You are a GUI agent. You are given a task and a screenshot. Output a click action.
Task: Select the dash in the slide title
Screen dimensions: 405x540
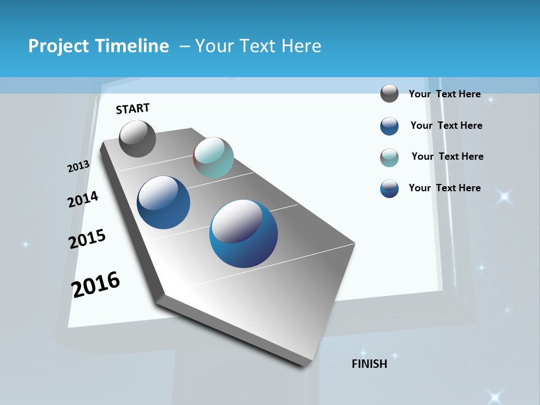pyautogui.click(x=185, y=46)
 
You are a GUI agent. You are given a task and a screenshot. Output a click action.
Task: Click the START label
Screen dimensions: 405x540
pyautogui.click(x=133, y=109)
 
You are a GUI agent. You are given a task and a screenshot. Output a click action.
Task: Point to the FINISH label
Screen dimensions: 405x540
pyautogui.click(x=370, y=364)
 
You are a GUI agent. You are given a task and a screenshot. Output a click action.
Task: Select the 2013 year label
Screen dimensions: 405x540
pyautogui.click(x=79, y=166)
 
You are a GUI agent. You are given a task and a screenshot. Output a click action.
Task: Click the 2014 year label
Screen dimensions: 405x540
pyautogui.click(x=83, y=199)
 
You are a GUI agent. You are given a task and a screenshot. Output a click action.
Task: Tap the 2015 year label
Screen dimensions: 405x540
pyautogui.click(x=87, y=239)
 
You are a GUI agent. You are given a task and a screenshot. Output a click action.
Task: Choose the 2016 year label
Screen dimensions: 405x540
pyautogui.click(x=96, y=284)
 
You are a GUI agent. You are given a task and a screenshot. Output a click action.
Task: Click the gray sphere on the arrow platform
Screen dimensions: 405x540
pyautogui.click(x=137, y=139)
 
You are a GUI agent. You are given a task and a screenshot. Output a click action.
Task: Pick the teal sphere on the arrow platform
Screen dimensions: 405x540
pyautogui.click(x=213, y=157)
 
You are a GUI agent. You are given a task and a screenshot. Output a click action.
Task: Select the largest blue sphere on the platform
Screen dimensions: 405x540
pyautogui.click(x=244, y=233)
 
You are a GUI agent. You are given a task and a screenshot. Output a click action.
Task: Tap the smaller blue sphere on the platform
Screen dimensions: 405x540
pyautogui.click(x=164, y=202)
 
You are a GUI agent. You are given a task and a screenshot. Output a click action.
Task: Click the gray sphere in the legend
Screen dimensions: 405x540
pyautogui.click(x=389, y=93)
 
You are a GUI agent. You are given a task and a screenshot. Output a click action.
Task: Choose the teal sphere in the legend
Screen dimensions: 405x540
pyautogui.click(x=389, y=157)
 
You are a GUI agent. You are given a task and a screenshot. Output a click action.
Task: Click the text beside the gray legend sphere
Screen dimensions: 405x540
pyautogui.click(x=444, y=94)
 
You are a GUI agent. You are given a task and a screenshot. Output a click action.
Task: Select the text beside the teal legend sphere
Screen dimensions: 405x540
pyautogui.click(x=447, y=156)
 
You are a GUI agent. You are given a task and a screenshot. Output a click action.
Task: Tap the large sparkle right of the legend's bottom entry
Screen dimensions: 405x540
pyautogui.click(x=503, y=196)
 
